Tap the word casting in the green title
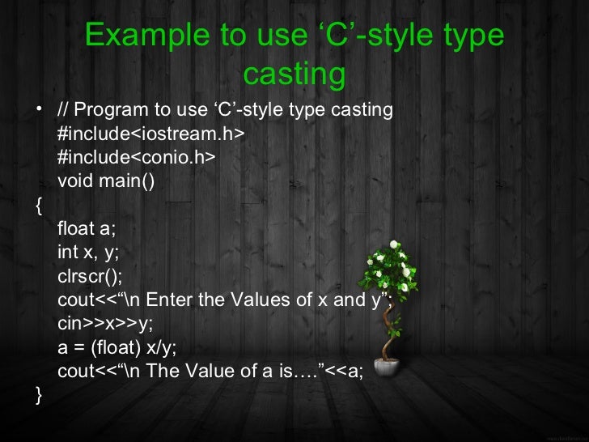tap(294, 74)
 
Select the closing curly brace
tap(40, 395)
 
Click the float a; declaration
tap(87, 228)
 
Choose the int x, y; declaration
tap(88, 252)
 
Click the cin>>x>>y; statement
tap(104, 324)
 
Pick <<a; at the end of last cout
tap(350, 372)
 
